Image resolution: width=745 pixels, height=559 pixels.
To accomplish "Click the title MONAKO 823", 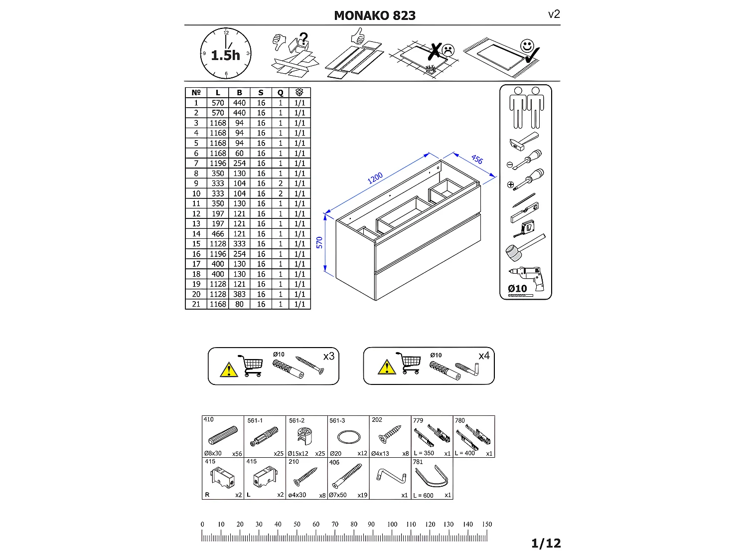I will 375,15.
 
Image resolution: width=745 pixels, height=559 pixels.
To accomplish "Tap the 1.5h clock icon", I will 226,53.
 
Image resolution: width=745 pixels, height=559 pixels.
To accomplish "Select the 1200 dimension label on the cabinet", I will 375,178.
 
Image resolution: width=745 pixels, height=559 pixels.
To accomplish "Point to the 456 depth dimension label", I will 477,160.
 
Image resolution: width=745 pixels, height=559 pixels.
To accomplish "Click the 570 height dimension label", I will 319,243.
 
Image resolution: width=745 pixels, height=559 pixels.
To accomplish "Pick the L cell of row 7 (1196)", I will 218,164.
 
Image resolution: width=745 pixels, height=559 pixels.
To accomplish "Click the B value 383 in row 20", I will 239,294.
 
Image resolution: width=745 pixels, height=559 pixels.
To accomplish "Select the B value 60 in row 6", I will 239,154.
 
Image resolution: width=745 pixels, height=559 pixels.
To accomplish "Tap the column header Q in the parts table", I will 281,93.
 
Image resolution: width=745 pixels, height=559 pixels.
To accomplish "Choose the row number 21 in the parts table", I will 196,304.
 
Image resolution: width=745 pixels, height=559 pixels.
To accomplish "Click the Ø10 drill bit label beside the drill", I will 517,289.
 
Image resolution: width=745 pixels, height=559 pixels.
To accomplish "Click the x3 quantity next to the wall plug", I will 329,357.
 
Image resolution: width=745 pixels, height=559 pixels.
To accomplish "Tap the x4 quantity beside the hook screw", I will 484,356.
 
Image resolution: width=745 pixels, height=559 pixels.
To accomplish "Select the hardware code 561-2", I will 297,420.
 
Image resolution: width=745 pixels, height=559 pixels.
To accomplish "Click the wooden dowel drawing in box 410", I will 222,435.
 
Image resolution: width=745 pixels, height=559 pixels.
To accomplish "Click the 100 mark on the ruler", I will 392,525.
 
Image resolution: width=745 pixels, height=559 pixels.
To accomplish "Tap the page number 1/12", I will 546,544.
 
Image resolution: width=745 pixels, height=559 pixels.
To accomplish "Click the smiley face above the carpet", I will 527,46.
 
